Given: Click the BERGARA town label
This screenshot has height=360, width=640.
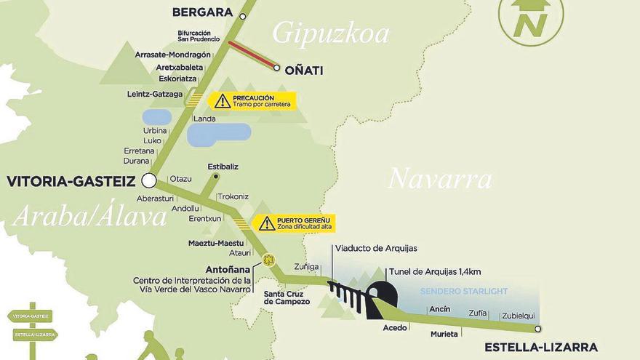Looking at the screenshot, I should [x=202, y=12].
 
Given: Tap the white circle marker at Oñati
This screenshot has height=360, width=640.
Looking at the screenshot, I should [x=277, y=68].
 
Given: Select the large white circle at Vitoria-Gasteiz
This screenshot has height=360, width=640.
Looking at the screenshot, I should [x=149, y=180].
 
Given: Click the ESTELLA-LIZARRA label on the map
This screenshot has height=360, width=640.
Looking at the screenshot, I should [x=541, y=347].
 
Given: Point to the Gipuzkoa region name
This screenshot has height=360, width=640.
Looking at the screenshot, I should [x=331, y=33].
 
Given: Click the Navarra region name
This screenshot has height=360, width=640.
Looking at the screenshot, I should [x=439, y=178].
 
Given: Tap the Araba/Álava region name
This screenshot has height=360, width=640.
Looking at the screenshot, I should [x=89, y=215].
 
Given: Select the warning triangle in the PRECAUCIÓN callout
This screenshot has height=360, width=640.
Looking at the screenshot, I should [x=223, y=101].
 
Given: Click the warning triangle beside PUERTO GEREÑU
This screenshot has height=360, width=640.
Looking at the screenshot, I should [x=267, y=223].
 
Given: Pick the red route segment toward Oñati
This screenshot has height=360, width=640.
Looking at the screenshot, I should [x=252, y=55].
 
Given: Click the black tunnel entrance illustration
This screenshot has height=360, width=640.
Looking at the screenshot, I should [x=383, y=298].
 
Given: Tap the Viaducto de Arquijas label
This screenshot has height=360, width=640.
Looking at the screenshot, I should [x=376, y=249].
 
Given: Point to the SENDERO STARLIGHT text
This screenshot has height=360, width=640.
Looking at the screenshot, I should [x=464, y=292].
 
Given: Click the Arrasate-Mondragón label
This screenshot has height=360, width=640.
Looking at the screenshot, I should [x=173, y=55].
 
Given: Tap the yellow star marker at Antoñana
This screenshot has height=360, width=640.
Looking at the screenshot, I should [x=268, y=259].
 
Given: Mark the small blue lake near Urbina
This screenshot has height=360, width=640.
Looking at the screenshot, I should [x=157, y=117].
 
